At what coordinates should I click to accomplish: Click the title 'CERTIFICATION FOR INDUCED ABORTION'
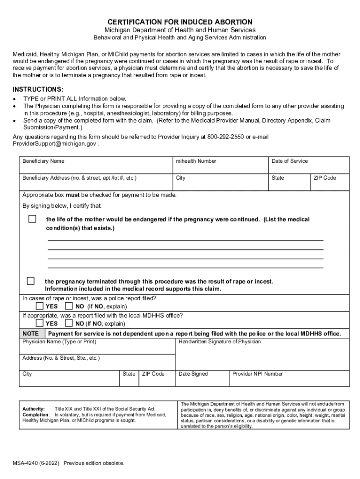(180, 22)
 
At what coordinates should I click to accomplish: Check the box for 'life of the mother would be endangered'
(32, 219)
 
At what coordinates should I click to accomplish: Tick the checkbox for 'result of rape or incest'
(30, 281)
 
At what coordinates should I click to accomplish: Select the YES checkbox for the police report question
(40, 306)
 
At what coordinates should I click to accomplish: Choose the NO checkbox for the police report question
(69, 306)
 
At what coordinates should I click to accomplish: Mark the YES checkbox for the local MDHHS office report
(40, 323)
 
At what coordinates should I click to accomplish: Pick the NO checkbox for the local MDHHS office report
(69, 323)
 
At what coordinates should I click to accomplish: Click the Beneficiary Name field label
(43, 161)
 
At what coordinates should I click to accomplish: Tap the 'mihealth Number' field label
(196, 161)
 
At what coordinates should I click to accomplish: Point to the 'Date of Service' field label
(290, 161)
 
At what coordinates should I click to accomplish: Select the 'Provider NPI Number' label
(258, 374)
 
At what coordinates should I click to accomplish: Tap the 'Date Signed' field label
(193, 374)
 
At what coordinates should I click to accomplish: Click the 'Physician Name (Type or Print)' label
(59, 342)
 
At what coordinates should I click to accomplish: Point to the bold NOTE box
(31, 334)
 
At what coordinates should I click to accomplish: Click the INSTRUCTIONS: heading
(37, 89)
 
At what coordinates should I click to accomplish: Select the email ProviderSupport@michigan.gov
(54, 144)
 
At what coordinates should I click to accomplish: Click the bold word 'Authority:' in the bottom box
(34, 408)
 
